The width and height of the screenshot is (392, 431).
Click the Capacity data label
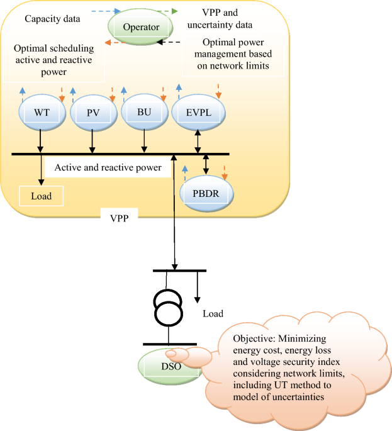(52, 18)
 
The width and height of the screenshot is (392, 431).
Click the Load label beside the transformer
(213, 313)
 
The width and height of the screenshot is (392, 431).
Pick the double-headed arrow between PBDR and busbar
(206, 165)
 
